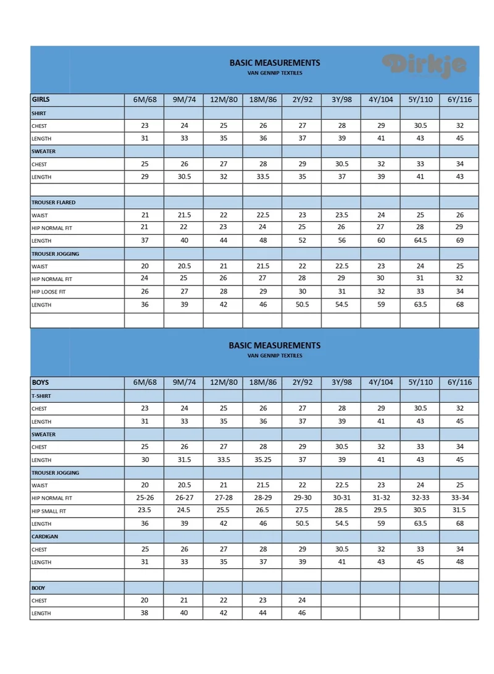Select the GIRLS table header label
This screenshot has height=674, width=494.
[x=41, y=99]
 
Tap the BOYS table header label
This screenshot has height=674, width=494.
[x=40, y=382]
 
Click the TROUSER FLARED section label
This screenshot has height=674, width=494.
[x=54, y=203]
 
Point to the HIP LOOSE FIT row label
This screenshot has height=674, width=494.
[x=48, y=292]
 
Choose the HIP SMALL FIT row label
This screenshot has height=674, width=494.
[x=49, y=511]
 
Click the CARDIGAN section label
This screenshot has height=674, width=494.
[x=44, y=537]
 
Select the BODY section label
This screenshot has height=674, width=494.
[x=38, y=588]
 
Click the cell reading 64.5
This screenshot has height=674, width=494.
[x=421, y=240]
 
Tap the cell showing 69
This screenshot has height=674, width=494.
[x=459, y=240]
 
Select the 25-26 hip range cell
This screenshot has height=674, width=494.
[x=144, y=498]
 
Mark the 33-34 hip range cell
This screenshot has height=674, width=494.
[x=459, y=498]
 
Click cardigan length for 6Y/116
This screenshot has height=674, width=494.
[x=459, y=562]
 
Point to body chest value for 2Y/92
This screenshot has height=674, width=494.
[x=302, y=600]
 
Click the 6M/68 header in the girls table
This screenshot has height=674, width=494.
[x=144, y=99]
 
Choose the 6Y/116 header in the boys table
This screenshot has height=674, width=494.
[x=459, y=382]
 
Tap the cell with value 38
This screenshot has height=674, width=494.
[x=144, y=613]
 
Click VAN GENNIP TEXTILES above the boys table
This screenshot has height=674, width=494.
[x=275, y=356]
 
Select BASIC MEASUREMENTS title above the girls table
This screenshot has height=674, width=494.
[x=275, y=62]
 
